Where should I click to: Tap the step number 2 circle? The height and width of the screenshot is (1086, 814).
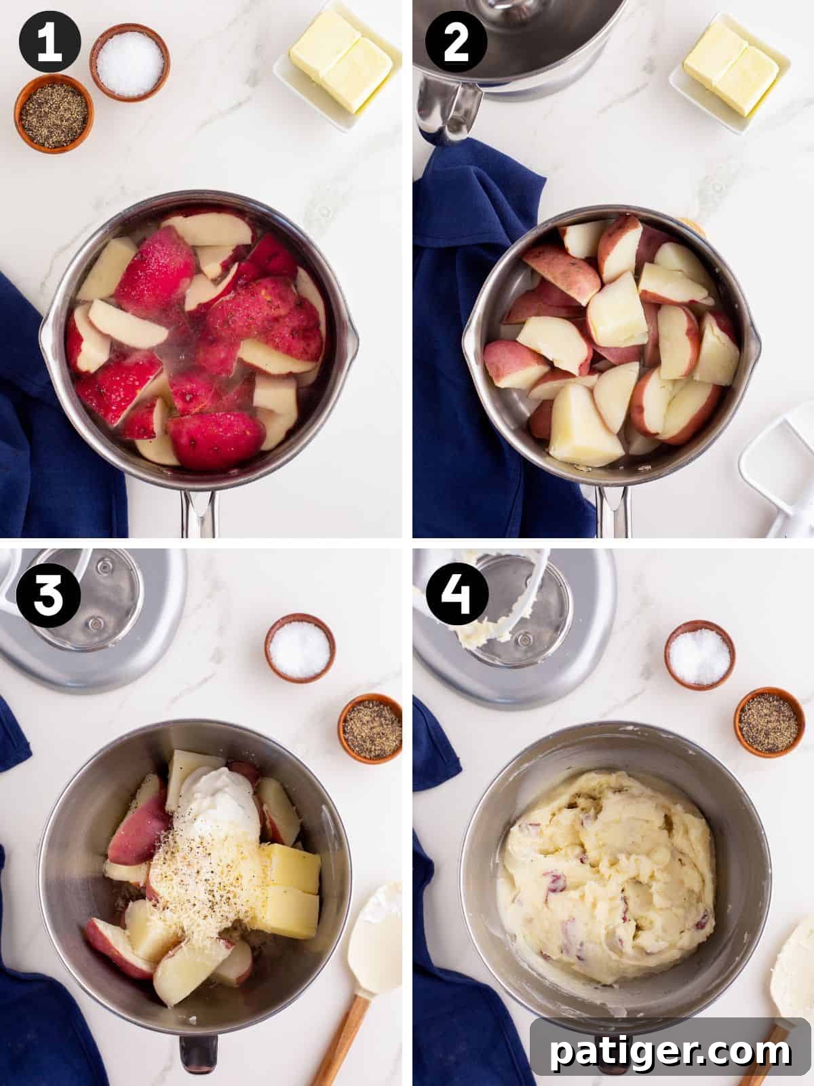point(455,43)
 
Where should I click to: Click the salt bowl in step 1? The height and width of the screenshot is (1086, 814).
point(130,61)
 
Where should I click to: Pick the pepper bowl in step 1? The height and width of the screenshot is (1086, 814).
point(54,111)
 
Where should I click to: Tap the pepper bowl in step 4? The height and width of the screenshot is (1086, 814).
point(768,722)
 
